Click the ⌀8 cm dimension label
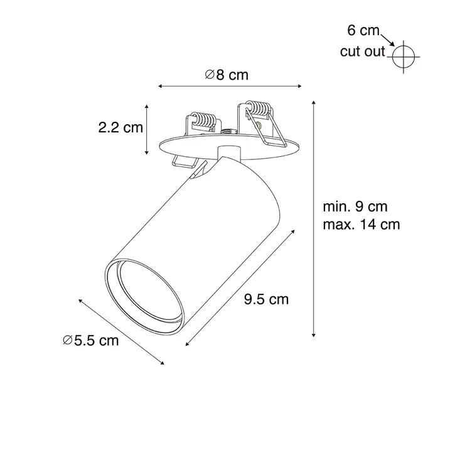coord(227,75)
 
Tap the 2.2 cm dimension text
coord(121,127)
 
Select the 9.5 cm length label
coord(266,299)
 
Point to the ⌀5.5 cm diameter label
coord(90,341)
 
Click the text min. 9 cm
coord(355,206)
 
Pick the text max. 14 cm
coord(362,225)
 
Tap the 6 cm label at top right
coord(363,30)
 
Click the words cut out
coord(362,51)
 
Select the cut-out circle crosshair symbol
coord(404,57)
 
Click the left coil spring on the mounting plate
coord(203,120)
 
